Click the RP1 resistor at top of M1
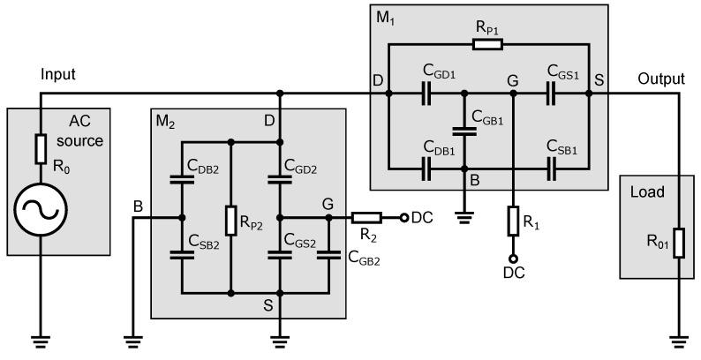[x=487, y=41]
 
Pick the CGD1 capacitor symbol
[x=427, y=92]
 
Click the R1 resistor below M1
[x=513, y=221]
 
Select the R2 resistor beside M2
[x=366, y=217]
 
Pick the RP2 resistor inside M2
[x=230, y=221]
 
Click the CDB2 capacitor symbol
[x=181, y=179]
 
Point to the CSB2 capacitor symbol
[x=181, y=254]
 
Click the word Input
[x=59, y=77]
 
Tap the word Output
[x=660, y=79]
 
